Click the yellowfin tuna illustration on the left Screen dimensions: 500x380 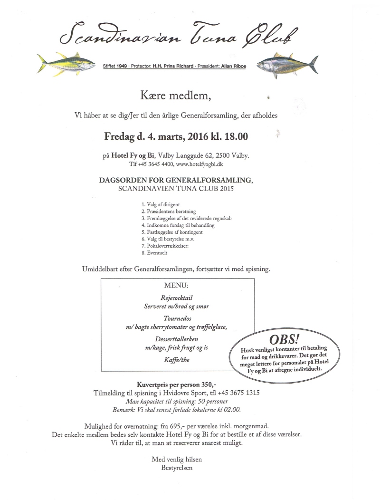click(x=67, y=64)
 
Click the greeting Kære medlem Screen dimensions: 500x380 click(x=175, y=96)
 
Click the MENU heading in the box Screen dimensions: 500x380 click(x=176, y=286)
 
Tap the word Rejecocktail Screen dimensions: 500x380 click(x=177, y=298)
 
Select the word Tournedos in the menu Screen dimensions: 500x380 click(x=177, y=318)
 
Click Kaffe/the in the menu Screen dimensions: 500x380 click(x=177, y=360)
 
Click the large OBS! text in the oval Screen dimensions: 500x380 click(x=285, y=340)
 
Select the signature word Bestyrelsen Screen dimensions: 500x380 click(x=177, y=468)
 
